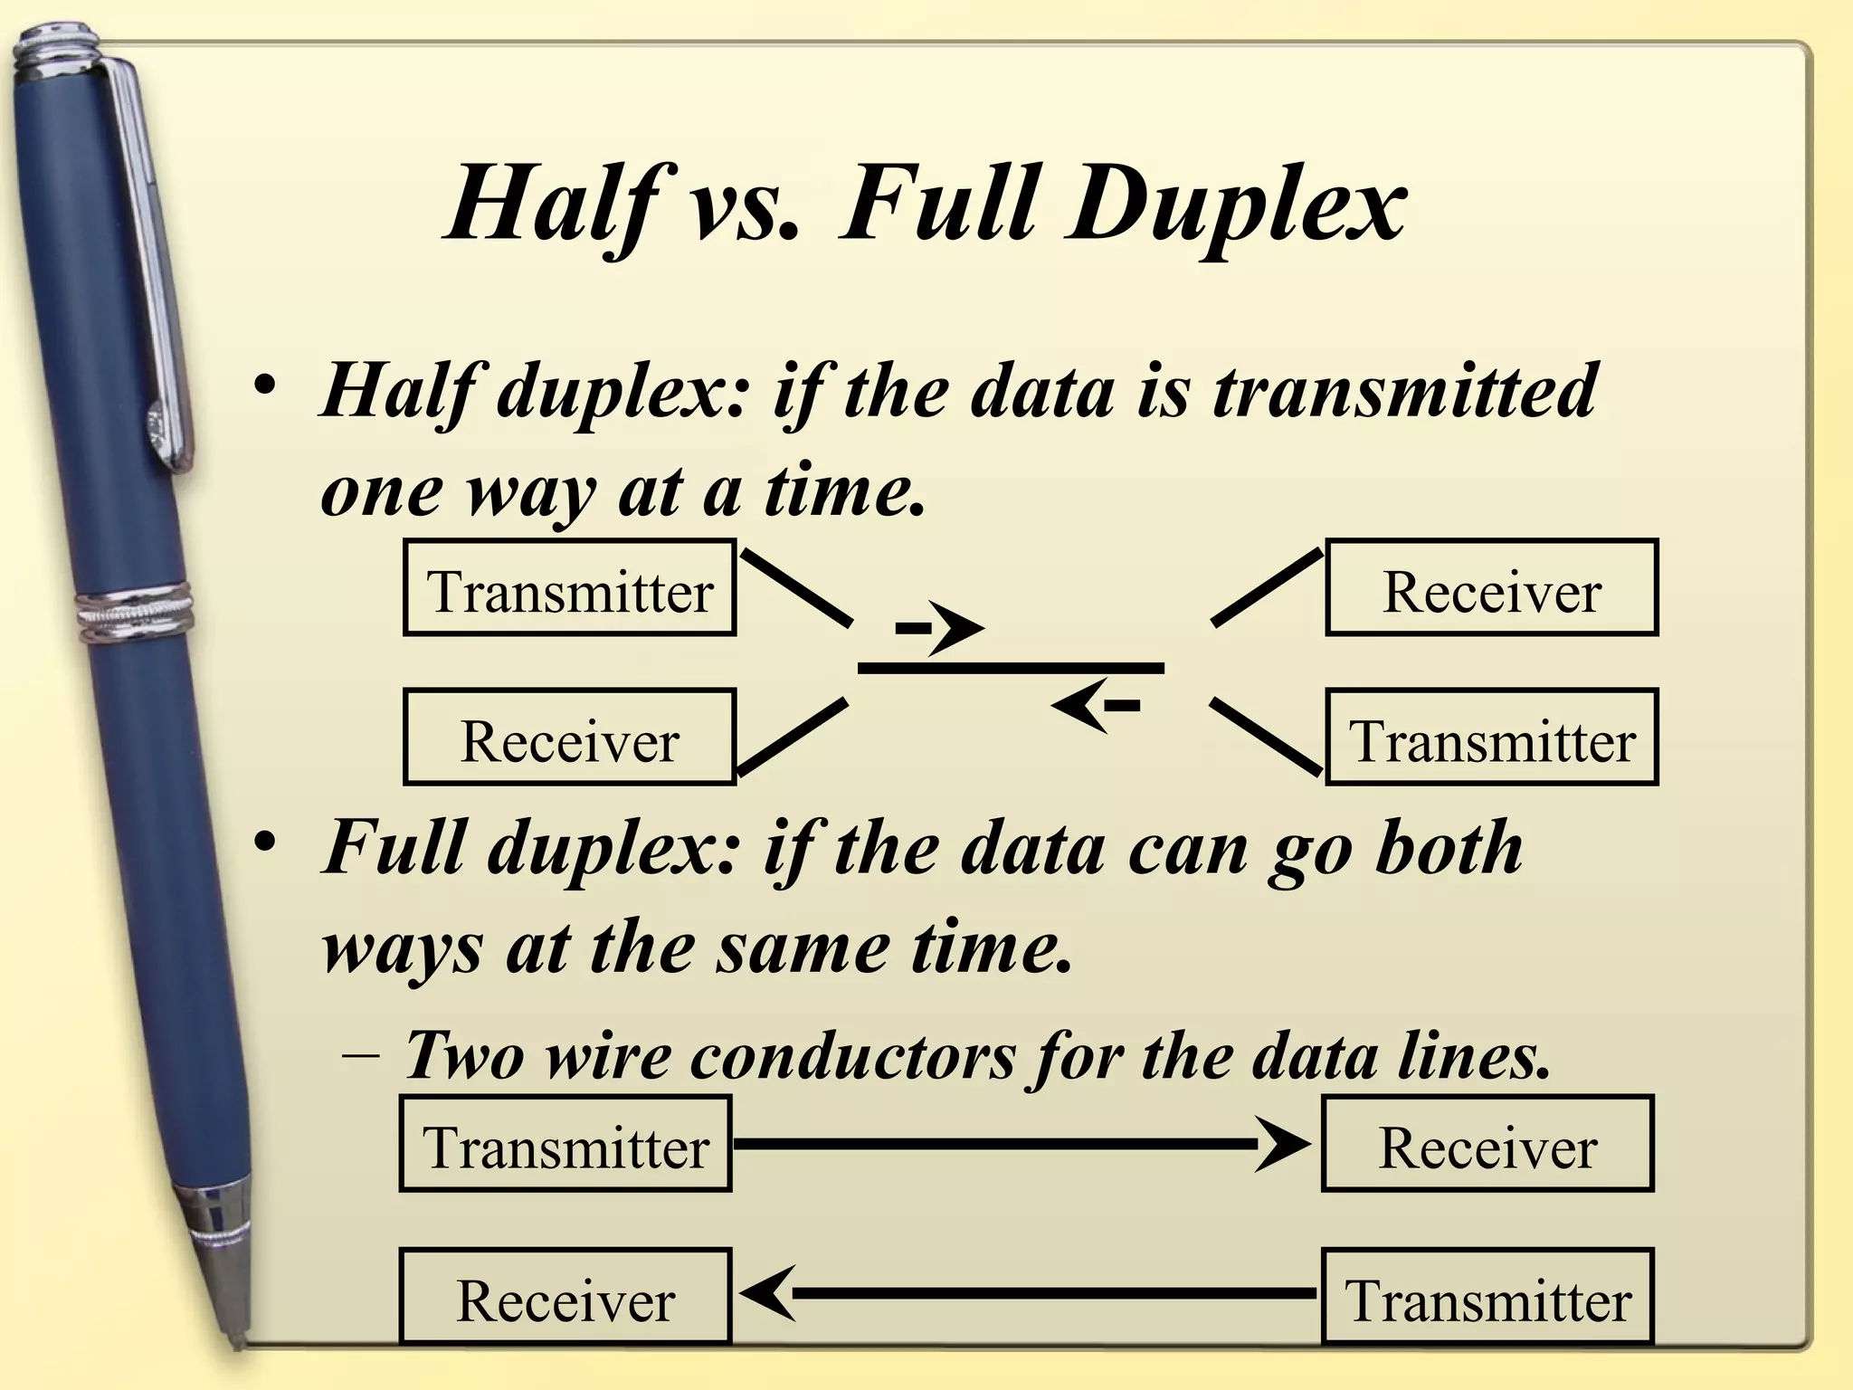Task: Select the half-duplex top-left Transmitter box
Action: click(x=569, y=588)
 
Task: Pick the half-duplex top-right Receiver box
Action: click(x=1491, y=588)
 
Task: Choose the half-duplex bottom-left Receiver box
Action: click(x=569, y=737)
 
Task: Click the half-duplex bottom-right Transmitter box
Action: click(x=1491, y=737)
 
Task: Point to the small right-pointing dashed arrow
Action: click(x=941, y=627)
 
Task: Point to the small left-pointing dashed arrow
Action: click(x=1095, y=705)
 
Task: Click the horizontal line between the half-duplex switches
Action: click(x=1010, y=669)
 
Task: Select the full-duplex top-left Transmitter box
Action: click(x=565, y=1144)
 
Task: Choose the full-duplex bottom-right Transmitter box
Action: click(x=1487, y=1296)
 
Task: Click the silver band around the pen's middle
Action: click(x=136, y=615)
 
